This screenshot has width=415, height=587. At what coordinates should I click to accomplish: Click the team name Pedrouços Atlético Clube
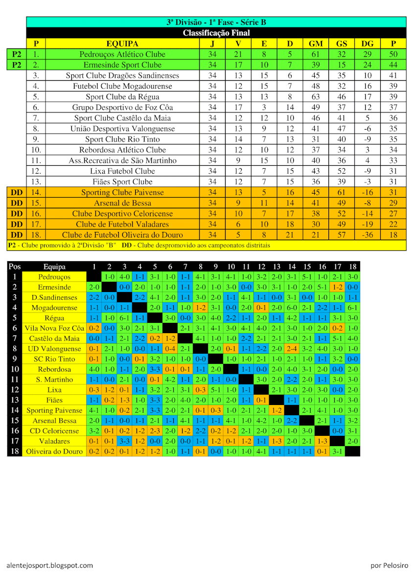click(x=122, y=54)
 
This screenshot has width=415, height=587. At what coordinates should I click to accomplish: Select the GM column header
click(x=316, y=44)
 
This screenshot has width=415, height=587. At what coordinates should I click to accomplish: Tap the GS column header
click(x=342, y=44)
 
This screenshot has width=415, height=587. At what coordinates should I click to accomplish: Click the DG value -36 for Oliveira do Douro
click(x=368, y=235)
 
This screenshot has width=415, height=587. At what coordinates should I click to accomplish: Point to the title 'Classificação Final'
click(x=216, y=33)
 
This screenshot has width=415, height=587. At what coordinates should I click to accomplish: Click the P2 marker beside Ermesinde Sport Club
click(x=17, y=65)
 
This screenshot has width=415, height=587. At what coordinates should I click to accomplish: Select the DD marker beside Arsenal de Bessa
click(x=17, y=203)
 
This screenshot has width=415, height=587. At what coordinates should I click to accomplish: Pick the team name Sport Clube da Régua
click(x=122, y=97)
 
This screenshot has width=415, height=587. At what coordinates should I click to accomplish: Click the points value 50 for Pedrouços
click(x=393, y=54)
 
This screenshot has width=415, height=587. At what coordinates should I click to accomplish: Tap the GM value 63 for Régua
click(x=316, y=97)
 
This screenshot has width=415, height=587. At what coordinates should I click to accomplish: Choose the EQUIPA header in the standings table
click(x=122, y=44)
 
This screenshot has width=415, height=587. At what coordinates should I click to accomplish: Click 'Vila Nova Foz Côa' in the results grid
click(x=54, y=328)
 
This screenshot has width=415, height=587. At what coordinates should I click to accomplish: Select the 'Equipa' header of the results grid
click(x=54, y=267)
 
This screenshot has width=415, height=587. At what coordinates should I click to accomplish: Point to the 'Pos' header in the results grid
click(x=15, y=267)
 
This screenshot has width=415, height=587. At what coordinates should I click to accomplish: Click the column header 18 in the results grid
click(x=352, y=267)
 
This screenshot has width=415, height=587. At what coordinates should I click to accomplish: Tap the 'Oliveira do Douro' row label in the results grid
click(x=54, y=452)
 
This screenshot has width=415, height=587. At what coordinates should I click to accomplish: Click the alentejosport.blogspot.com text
click(x=50, y=565)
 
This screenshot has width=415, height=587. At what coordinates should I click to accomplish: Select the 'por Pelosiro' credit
click(x=389, y=565)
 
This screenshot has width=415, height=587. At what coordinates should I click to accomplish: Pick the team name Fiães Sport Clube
click(x=122, y=182)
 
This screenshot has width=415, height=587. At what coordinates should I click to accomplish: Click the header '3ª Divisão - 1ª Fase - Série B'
click(x=216, y=22)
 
